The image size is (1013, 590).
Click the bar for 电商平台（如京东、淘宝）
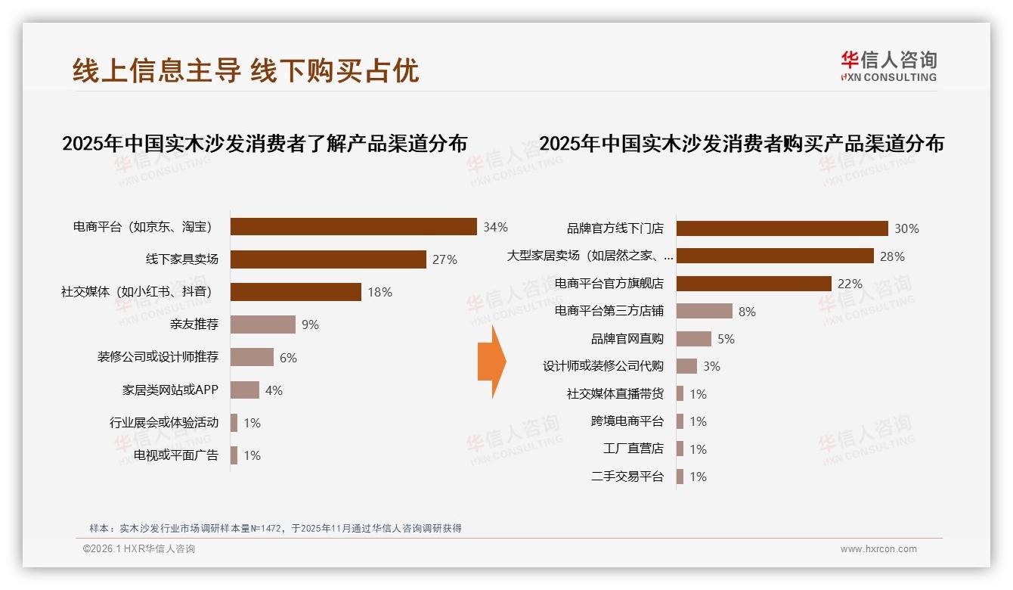tap(353, 227)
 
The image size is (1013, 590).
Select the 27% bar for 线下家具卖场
tap(328, 259)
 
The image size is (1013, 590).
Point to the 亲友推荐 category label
tap(195, 324)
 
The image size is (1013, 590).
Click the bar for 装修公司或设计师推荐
tap(252, 357)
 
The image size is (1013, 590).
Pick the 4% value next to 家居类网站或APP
tap(274, 390)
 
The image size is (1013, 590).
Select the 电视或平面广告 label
tap(176, 455)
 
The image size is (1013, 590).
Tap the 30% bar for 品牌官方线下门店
tap(782, 228)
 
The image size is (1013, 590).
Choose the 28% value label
tap(892, 256)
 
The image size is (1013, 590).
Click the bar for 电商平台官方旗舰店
tap(754, 284)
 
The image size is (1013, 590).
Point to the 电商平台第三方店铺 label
tap(609, 311)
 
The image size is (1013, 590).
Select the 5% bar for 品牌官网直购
tap(693, 339)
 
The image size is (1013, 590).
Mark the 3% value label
tap(711, 366)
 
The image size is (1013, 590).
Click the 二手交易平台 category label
tap(627, 477)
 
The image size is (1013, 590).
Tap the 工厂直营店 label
tap(633, 449)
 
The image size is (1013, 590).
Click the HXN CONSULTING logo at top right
tap(888, 67)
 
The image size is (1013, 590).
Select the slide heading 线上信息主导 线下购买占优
tap(246, 70)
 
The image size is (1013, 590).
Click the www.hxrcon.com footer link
tap(878, 549)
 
